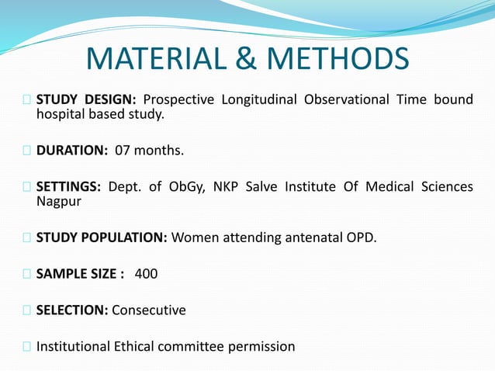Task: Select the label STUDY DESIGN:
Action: point(86,99)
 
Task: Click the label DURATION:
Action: point(71,150)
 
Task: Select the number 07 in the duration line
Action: point(123,150)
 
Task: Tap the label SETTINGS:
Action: point(68,186)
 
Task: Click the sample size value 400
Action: point(146,274)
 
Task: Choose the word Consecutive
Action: point(149,310)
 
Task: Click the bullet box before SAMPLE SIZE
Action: point(28,274)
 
